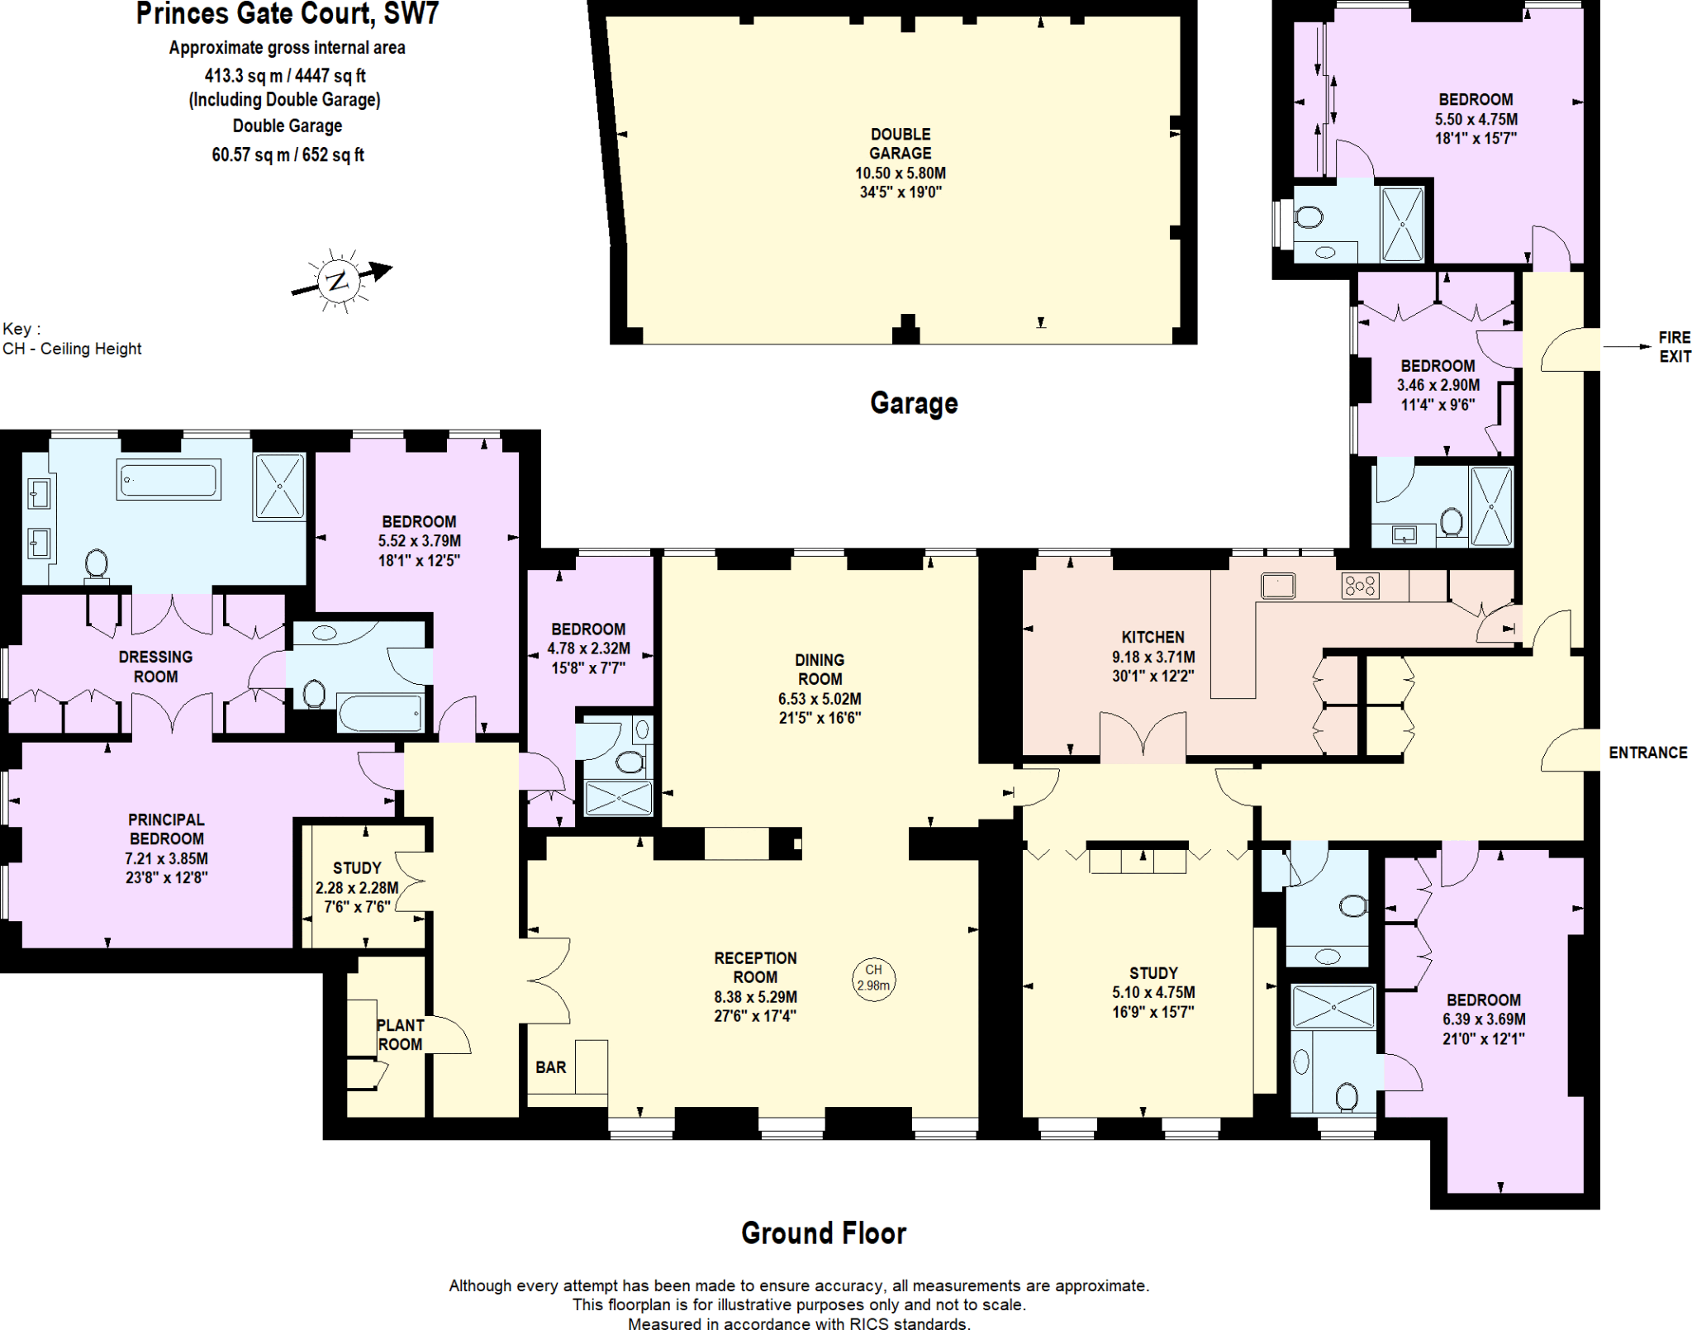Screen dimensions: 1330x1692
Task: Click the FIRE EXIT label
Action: click(x=1674, y=347)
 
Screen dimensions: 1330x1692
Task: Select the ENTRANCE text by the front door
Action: click(x=1647, y=753)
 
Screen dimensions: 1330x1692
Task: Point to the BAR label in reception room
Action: click(x=550, y=1067)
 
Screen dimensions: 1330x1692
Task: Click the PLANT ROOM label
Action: click(x=400, y=1034)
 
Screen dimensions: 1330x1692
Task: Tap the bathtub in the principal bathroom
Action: click(x=169, y=479)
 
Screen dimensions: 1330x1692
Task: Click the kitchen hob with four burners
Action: click(x=1359, y=586)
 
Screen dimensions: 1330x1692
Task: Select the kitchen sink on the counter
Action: click(x=1277, y=586)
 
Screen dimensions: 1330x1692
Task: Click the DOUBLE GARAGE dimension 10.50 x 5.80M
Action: click(x=900, y=173)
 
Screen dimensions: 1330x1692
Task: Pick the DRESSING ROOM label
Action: click(x=155, y=667)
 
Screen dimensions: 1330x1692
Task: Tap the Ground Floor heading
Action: click(x=823, y=1233)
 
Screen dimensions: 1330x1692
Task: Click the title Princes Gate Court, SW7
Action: click(x=288, y=14)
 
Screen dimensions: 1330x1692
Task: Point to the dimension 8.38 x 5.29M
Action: click(x=755, y=997)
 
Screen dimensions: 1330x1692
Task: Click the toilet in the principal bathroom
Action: click(x=97, y=565)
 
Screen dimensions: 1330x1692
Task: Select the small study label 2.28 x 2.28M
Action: click(x=357, y=888)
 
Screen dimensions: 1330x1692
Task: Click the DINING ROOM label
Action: click(x=820, y=669)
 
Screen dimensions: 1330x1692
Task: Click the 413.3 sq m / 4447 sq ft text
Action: click(x=285, y=76)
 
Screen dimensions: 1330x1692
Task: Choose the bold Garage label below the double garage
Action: click(x=914, y=403)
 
